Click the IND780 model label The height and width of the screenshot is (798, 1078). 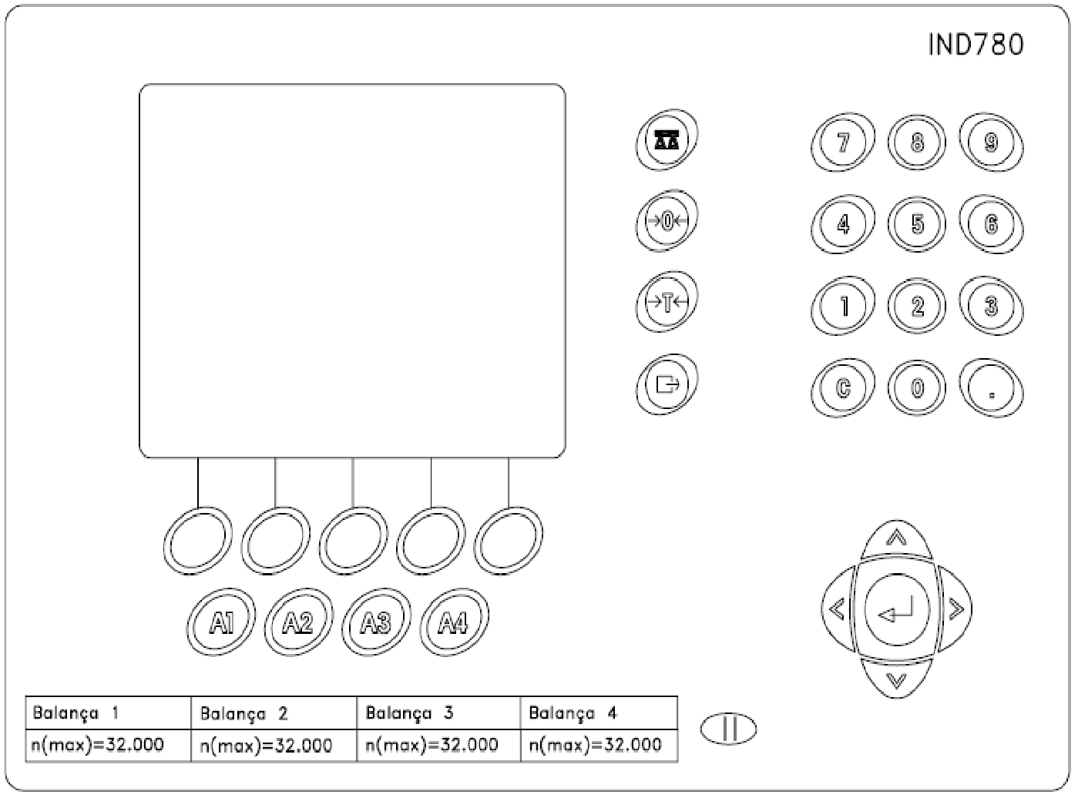976,44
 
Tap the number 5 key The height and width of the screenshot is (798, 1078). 917,224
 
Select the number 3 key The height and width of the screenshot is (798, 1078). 991,306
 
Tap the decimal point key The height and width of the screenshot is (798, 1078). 991,388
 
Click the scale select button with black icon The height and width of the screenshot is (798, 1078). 667,140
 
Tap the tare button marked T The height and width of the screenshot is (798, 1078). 667,302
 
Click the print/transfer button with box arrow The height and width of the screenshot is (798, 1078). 667,384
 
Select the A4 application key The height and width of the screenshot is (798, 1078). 454,622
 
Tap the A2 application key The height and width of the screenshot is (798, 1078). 298,622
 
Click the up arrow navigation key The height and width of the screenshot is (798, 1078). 896,538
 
